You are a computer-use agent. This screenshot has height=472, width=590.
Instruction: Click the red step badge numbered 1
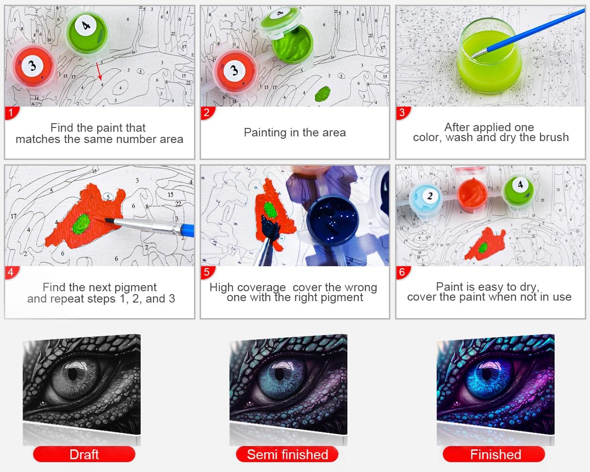point(11,113)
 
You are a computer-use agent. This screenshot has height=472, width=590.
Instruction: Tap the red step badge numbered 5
point(207,272)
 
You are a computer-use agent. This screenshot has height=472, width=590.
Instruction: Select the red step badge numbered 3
point(403,113)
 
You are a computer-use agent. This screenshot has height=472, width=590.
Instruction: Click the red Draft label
point(84,455)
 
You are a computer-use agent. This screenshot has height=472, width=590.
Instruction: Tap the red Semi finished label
point(287,455)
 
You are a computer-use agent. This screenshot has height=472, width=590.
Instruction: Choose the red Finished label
point(494,455)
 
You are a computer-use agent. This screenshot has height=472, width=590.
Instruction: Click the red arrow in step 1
point(99,71)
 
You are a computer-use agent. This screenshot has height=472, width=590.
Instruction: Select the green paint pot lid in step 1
point(87,32)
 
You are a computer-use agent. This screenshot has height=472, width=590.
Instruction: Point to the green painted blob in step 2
point(323,93)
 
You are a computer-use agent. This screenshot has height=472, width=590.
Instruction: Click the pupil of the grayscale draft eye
point(73,373)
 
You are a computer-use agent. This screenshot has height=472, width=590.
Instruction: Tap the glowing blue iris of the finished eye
point(487,379)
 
